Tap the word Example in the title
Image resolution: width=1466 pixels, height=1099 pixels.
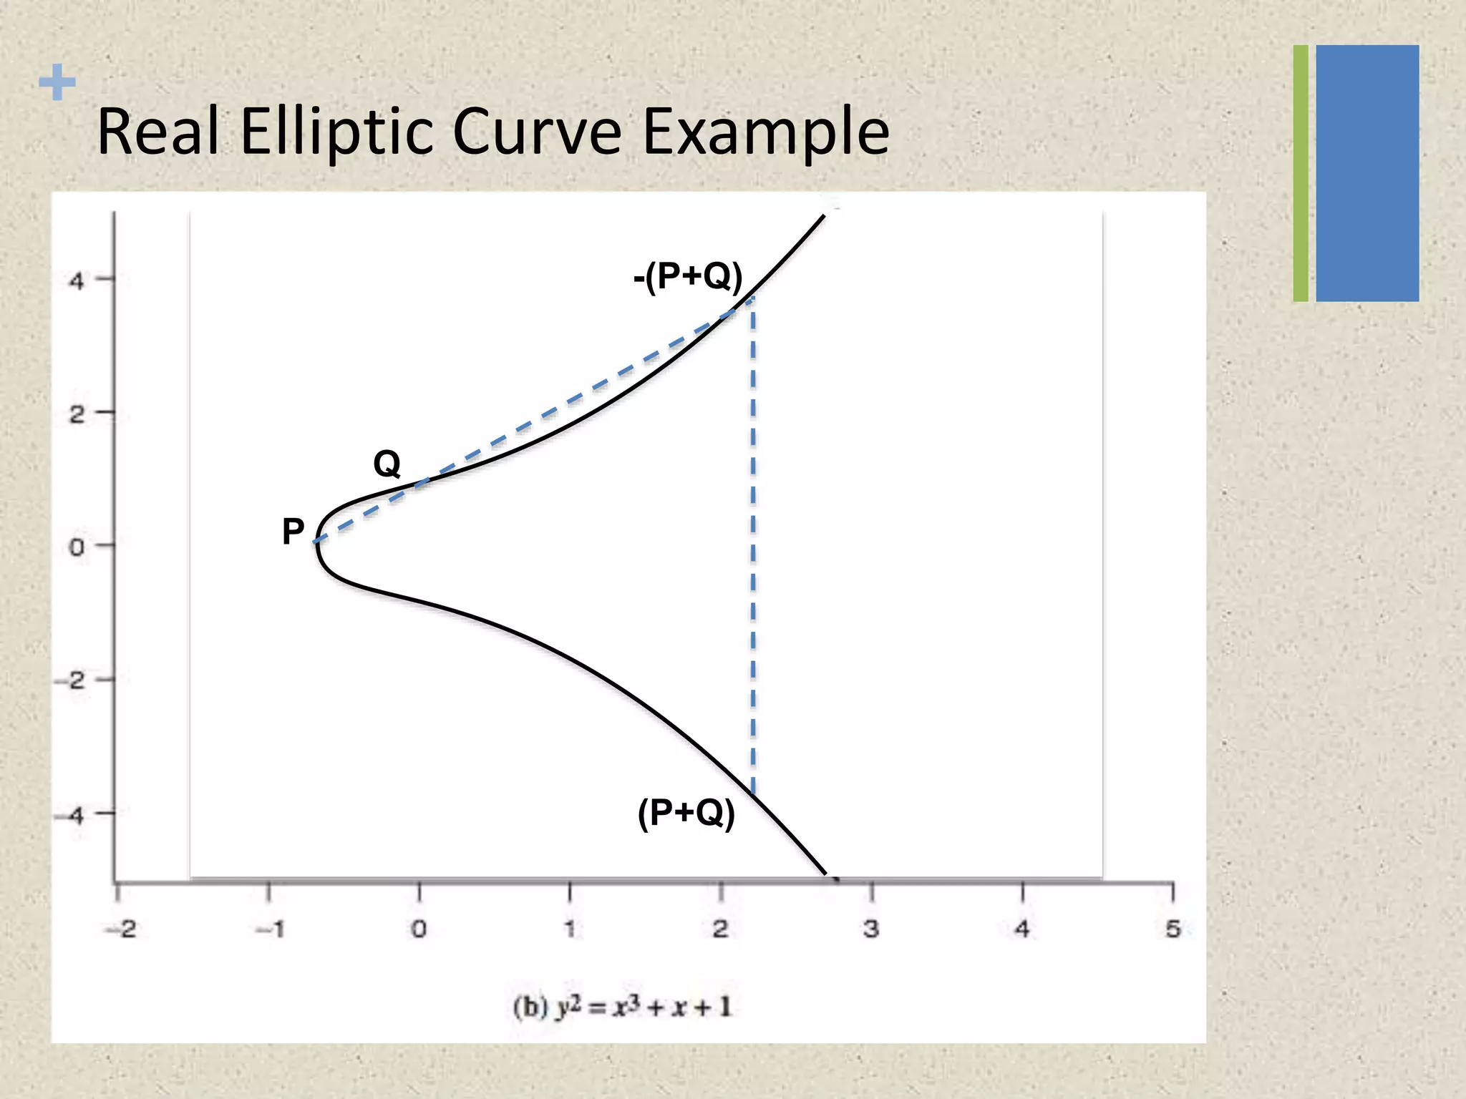tap(766, 132)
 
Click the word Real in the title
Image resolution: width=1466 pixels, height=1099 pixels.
tap(158, 132)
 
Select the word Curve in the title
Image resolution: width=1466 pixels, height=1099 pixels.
tap(537, 132)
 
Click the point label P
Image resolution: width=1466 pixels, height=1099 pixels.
tap(293, 532)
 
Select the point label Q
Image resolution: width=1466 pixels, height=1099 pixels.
tap(387, 464)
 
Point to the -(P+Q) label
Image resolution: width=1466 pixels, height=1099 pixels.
tap(688, 276)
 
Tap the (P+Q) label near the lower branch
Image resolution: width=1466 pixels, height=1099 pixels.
tap(686, 813)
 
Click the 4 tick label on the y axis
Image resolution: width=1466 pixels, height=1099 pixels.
tap(77, 280)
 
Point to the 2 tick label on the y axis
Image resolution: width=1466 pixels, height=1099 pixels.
tap(77, 414)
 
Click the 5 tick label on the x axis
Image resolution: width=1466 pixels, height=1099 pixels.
tap(1173, 929)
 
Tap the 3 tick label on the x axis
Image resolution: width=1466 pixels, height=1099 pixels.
tap(871, 929)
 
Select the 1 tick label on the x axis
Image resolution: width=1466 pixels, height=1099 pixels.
tap(570, 929)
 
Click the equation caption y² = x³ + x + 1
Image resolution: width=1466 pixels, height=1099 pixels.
tap(622, 1007)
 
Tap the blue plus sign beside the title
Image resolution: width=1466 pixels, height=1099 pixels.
tap(57, 82)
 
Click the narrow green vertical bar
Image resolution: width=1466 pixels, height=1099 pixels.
tap(1301, 173)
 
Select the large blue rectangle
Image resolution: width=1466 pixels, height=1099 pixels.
tap(1367, 173)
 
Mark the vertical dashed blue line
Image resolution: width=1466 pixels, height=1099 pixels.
tap(753, 544)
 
